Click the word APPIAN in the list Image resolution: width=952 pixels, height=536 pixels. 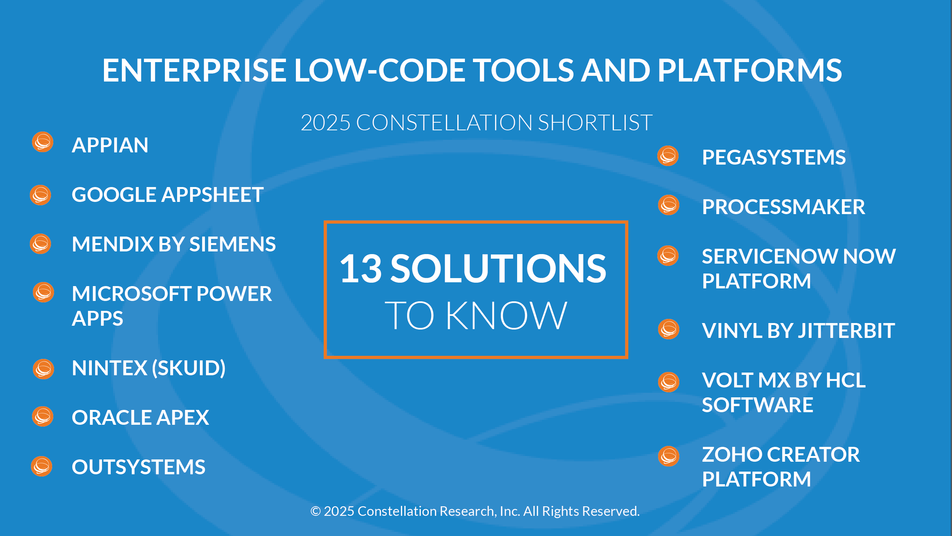tap(110, 145)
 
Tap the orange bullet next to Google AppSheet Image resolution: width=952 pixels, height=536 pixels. tap(41, 195)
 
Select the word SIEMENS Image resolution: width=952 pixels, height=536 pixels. tap(232, 244)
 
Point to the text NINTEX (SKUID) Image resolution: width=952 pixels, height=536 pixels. tap(149, 368)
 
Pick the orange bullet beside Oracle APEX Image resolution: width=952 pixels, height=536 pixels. tap(43, 416)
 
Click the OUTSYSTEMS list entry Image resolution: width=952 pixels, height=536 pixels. tap(139, 467)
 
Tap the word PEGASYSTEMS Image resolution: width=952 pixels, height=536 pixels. tap(774, 157)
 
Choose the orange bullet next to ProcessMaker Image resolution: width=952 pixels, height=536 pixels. tap(669, 205)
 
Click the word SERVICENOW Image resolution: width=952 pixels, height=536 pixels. tap(769, 256)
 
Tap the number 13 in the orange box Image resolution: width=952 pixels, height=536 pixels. tap(361, 269)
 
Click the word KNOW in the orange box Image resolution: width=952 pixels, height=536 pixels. tap(506, 315)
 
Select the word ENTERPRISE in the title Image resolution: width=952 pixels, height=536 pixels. tap(195, 70)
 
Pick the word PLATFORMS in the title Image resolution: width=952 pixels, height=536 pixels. tap(750, 70)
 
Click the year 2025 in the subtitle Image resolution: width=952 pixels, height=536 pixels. tap(326, 123)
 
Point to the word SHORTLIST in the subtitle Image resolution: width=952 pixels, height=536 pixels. tap(595, 123)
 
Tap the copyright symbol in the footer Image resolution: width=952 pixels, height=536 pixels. tap(315, 511)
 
